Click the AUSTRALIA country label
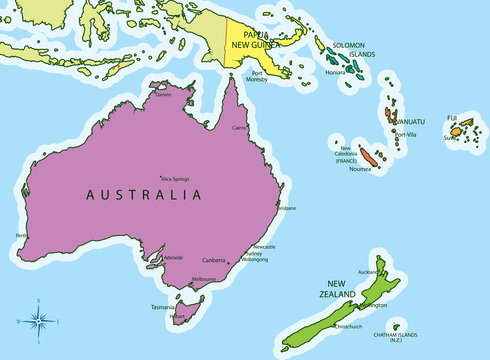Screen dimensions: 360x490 pos(145,194)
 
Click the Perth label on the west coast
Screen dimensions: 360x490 pos(22,236)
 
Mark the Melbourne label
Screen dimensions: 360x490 pos(204,279)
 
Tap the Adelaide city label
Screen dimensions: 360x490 pos(172,257)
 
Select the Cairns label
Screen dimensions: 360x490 pos(238,129)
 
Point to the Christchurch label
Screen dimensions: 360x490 pos(354,326)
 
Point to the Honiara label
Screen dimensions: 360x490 pos(335,72)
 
